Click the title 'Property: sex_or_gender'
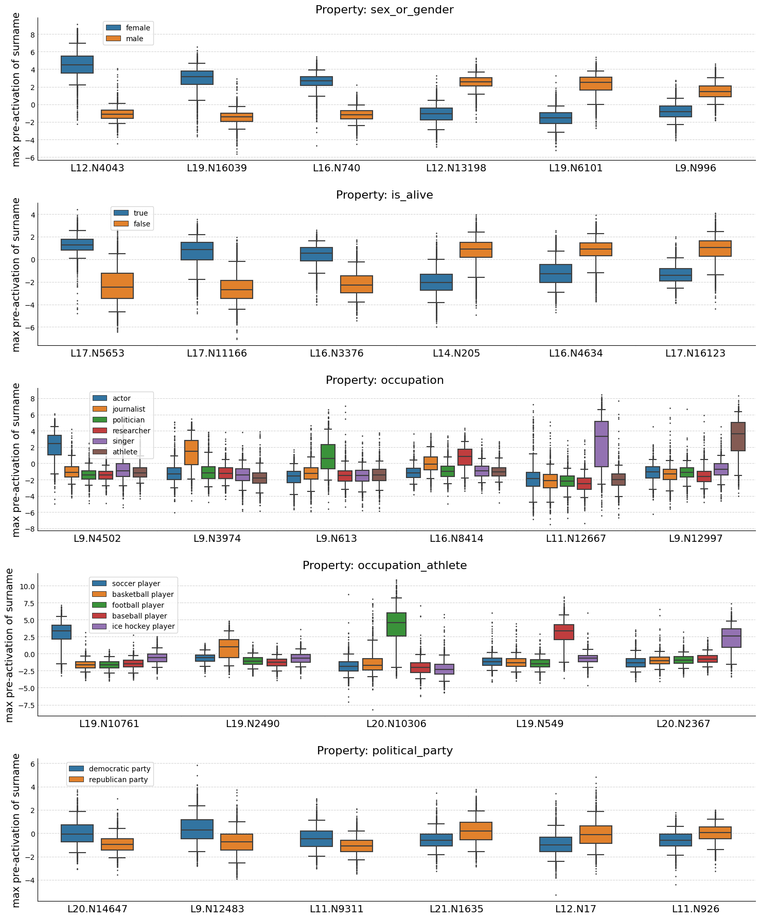coord(384,10)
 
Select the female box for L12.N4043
coord(77,64)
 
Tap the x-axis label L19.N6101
coord(576,168)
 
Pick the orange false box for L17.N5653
coord(117,286)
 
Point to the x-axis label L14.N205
coord(456,354)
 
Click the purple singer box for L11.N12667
coord(601,444)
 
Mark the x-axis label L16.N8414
coord(456,539)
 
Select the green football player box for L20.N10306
coord(396,624)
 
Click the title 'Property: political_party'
coord(384,751)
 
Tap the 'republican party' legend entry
coord(118,780)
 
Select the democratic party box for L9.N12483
coord(197,829)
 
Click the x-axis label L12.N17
coord(576,909)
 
